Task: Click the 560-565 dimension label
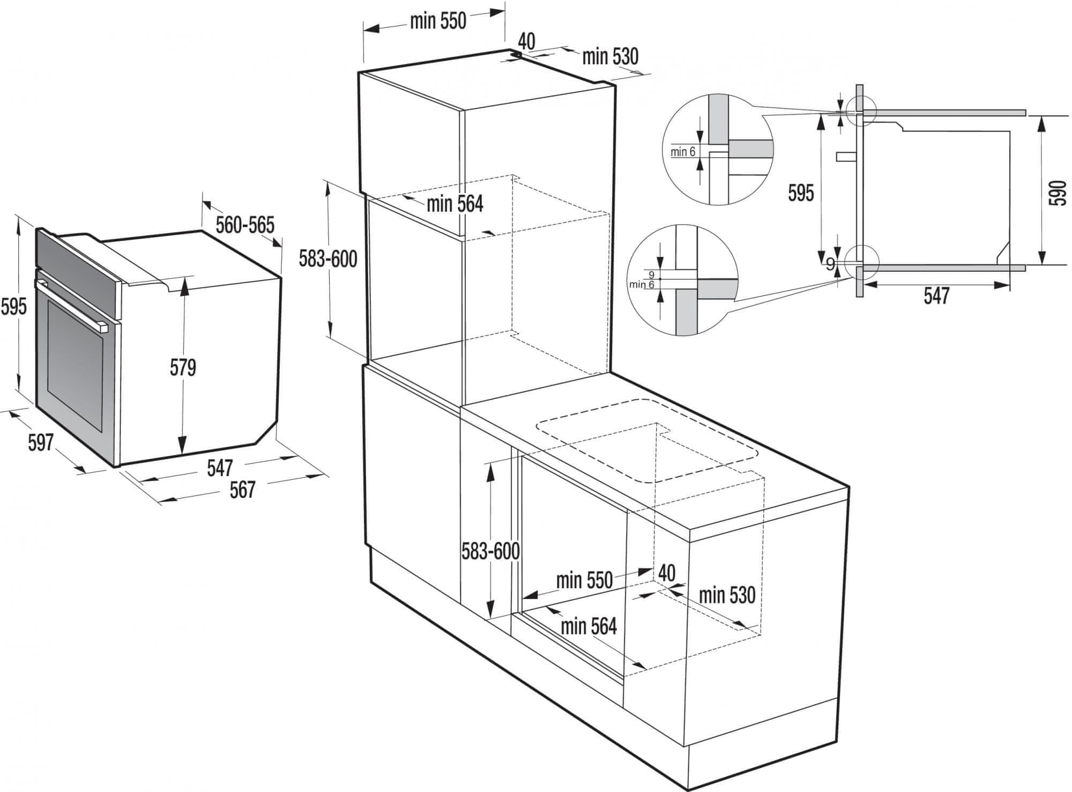245,225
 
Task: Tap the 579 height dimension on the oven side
183,367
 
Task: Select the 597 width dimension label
41,442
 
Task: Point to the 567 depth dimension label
242,490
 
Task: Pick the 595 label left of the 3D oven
13,307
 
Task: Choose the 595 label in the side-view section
801,193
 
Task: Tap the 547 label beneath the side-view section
936,296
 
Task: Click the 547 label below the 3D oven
220,468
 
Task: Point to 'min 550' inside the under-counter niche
584,580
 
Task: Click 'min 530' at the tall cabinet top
611,56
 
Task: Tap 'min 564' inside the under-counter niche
589,626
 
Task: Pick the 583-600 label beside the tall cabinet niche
328,260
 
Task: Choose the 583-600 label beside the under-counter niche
490,551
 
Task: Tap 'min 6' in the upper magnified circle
683,152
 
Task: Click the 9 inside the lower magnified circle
652,275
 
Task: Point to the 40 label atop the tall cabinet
527,41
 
